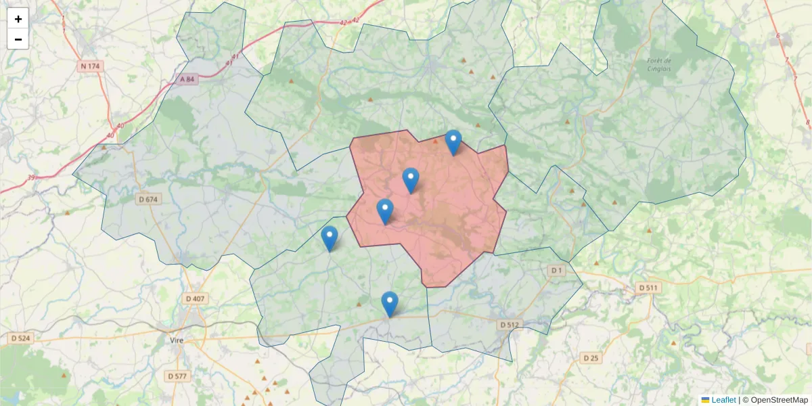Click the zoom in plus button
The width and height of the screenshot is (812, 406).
click(x=18, y=19)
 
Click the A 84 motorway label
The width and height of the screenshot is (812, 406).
click(x=187, y=79)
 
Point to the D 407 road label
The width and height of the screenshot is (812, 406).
click(x=196, y=298)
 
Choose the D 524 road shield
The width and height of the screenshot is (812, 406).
click(x=21, y=338)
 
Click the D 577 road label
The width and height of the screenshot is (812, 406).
click(x=178, y=376)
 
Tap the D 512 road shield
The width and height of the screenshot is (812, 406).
click(x=510, y=325)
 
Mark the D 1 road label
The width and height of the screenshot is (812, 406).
click(x=556, y=271)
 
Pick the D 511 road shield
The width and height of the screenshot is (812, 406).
click(x=648, y=288)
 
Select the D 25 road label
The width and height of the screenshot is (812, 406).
click(x=591, y=357)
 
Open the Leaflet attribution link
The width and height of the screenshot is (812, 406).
click(x=723, y=400)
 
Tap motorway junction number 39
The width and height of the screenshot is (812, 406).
click(x=31, y=177)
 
